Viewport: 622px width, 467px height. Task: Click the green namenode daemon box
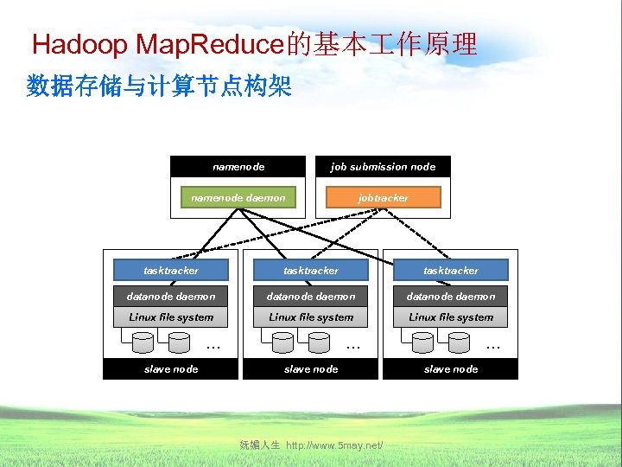coord(238,198)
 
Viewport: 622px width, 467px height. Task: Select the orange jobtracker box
coord(383,198)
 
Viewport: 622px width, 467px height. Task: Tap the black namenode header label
coord(238,167)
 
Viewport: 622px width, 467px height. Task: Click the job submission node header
coord(383,167)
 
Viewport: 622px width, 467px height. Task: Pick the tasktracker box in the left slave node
coord(170,271)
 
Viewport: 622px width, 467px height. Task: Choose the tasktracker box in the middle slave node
coord(311,271)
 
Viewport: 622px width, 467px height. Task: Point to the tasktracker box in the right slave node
coord(451,271)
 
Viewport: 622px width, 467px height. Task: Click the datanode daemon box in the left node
coord(170,296)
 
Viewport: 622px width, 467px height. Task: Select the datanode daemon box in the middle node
coord(311,296)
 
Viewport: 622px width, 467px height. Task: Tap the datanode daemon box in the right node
coord(451,296)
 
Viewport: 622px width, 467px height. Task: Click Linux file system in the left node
coord(170,317)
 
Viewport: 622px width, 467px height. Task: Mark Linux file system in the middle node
coord(311,317)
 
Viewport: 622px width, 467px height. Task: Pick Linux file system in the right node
coord(451,317)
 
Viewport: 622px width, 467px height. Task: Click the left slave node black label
coord(170,369)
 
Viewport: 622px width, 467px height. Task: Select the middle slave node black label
coord(311,369)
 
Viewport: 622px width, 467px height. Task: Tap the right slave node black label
coord(451,369)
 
